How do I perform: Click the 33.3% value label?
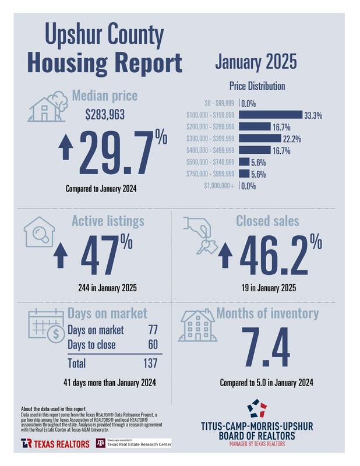point(313,115)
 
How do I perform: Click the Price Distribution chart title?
point(256,86)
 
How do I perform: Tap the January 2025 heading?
point(256,61)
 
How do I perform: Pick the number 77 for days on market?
point(153,330)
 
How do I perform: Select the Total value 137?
point(150,363)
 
